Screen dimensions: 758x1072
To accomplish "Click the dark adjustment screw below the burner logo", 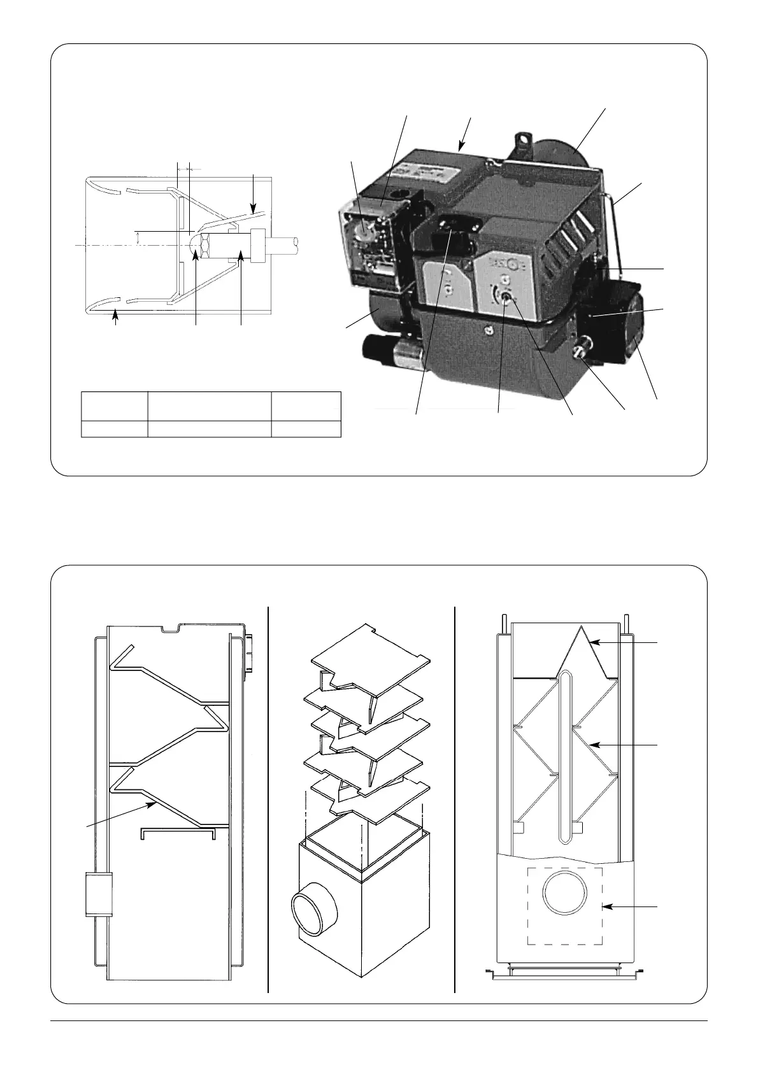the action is point(508,297).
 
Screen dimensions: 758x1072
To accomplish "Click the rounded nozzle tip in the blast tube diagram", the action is point(194,244).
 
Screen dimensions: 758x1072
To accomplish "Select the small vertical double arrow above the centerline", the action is point(138,237).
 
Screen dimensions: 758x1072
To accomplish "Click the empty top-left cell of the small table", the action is point(115,406).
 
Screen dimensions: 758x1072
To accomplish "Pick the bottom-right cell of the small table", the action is point(306,428).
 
